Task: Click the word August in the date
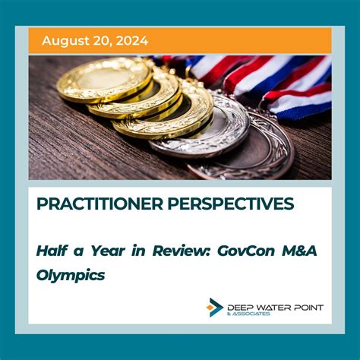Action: tap(65, 40)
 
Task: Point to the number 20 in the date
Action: tap(101, 40)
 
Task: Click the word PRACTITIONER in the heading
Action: tap(94, 204)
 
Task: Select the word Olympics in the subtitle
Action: tap(70, 275)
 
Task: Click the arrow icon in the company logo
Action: tap(215, 308)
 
